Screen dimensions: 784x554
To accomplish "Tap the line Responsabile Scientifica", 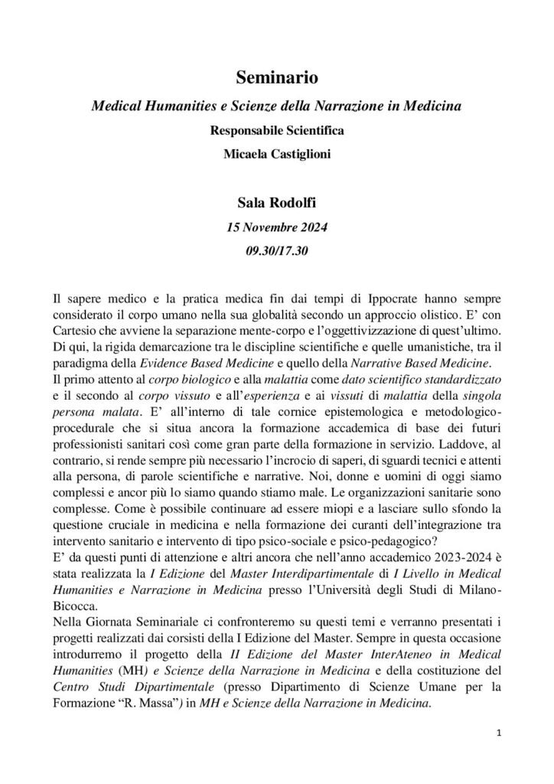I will pyautogui.click(x=276, y=129).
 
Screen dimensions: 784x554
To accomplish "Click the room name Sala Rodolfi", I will pyautogui.click(x=276, y=204).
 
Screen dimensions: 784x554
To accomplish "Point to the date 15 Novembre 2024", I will pyautogui.click(x=276, y=227).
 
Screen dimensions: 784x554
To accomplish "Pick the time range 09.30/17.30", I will pyautogui.click(x=276, y=250).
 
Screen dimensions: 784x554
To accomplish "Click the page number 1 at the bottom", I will pyautogui.click(x=498, y=733).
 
